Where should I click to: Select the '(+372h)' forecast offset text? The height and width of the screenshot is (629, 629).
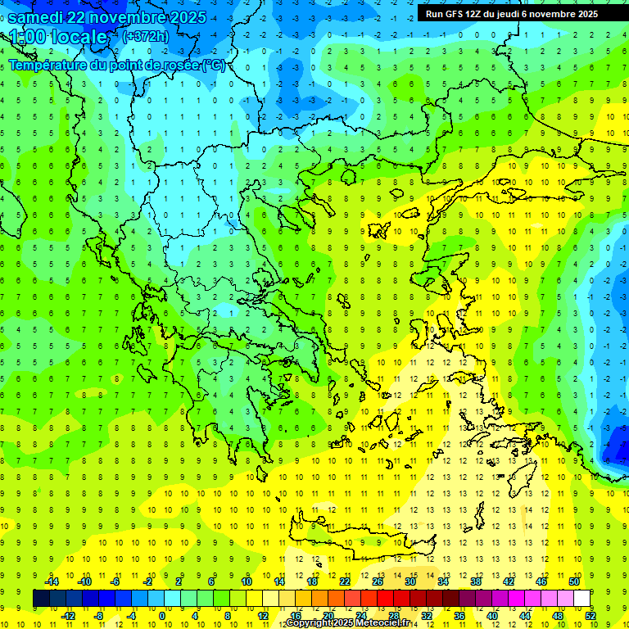145,36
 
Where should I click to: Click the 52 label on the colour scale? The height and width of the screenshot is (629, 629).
591,616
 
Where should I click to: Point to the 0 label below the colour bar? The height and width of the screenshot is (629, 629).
162,616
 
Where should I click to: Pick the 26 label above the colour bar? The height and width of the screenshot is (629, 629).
378,581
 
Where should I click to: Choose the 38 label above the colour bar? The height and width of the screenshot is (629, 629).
476,581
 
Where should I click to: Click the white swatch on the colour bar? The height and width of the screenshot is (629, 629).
582,599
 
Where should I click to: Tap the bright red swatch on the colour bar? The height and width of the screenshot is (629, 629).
386,599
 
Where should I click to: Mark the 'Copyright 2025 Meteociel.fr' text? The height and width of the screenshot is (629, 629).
347,623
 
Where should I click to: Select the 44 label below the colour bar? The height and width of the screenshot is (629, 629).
526,616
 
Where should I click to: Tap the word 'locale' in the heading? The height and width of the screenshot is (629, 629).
79,37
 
